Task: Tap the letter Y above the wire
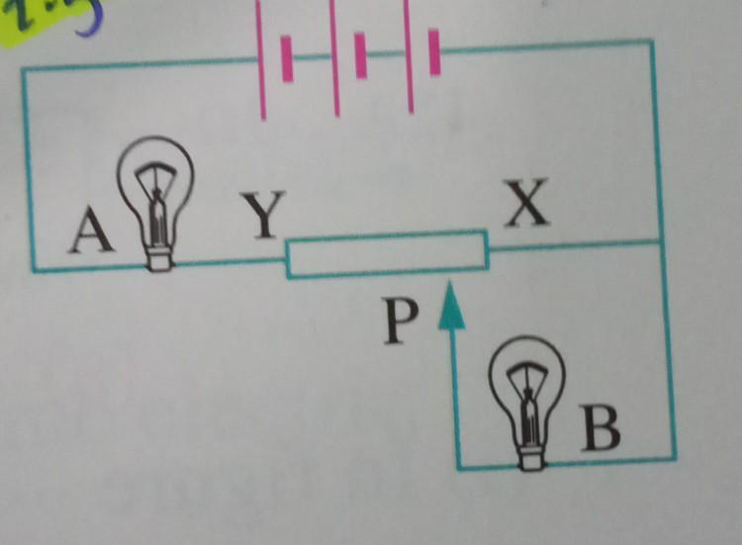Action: [x=262, y=214]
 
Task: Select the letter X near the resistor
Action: [x=526, y=204]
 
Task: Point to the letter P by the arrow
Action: [x=400, y=319]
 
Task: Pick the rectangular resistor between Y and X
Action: [x=387, y=254]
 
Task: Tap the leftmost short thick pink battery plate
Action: [x=287, y=59]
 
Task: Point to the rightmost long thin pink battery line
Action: [x=408, y=55]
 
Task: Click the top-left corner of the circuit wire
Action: [x=24, y=69]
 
